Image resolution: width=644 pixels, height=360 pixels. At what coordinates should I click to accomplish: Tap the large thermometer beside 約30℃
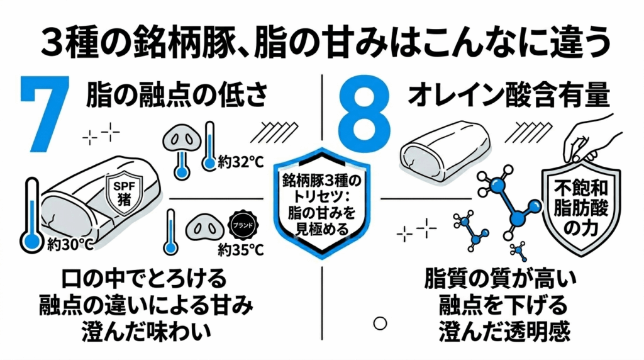pos(30,214)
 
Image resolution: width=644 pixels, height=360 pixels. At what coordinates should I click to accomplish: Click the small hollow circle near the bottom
pos(379,323)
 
